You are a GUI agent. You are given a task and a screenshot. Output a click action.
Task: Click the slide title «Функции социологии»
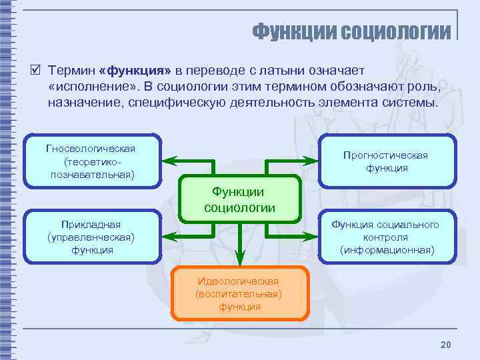point(351,31)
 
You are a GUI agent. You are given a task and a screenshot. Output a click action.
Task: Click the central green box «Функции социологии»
point(239,199)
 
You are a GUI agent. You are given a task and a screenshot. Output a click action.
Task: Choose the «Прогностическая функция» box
point(386,161)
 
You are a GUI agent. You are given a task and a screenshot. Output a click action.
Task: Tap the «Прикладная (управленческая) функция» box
point(91,237)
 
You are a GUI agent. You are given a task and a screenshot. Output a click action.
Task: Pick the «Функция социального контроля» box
point(386,237)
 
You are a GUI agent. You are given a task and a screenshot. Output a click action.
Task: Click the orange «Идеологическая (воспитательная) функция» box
point(239,293)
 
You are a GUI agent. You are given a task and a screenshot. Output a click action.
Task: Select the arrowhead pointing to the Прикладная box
point(169,236)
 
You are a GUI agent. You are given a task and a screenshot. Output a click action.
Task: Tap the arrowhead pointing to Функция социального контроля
point(311,236)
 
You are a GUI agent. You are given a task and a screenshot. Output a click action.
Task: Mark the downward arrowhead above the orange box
point(240,257)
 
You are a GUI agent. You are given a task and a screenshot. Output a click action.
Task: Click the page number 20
point(446,344)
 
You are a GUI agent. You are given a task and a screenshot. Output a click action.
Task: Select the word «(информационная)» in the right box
point(386,250)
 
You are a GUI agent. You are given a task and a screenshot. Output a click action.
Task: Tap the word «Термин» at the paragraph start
point(70,71)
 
